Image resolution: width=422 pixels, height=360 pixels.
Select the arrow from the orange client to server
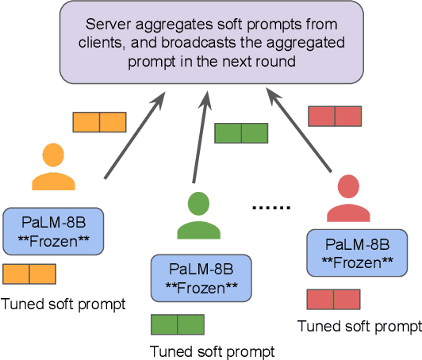tap(135, 134)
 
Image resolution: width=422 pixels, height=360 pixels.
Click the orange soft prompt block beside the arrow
tap(99, 121)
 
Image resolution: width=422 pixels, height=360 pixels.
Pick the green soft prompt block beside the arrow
tap(241, 132)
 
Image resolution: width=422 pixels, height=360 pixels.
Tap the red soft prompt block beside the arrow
tap(334, 116)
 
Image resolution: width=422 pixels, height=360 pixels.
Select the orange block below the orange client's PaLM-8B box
tap(29, 274)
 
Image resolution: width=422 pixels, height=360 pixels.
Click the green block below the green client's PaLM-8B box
tap(177, 324)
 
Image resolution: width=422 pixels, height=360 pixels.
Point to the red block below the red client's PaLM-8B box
tap(333, 299)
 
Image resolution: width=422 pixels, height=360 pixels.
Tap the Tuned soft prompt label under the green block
tap(212, 351)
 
